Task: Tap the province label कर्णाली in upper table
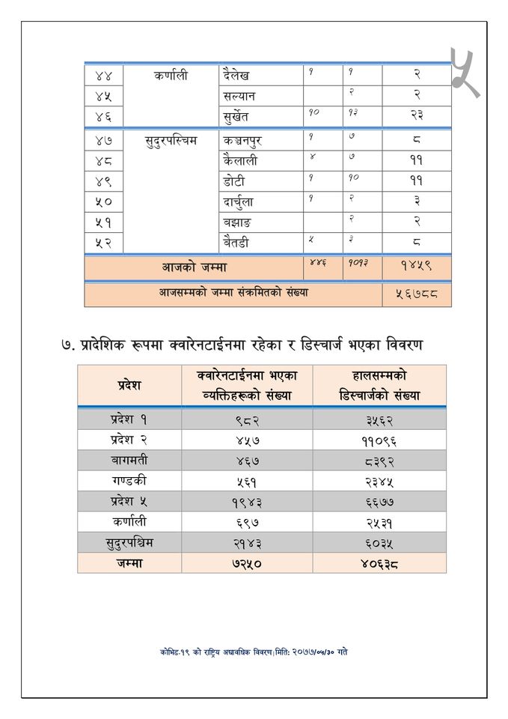coord(171,76)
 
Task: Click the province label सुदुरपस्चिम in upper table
coord(171,140)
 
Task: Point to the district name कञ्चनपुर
coord(242,140)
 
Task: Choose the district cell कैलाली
coord(240,160)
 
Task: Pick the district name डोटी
coord(233,181)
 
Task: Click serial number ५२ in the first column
coord(103,243)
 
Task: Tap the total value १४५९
coord(417,266)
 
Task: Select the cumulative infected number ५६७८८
coord(417,294)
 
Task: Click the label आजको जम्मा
coord(195,266)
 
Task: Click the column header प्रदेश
coord(129,385)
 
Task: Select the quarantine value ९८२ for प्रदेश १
coord(247,420)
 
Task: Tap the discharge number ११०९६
coord(379,440)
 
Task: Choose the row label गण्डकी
coord(129,481)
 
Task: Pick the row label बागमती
coord(129,461)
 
